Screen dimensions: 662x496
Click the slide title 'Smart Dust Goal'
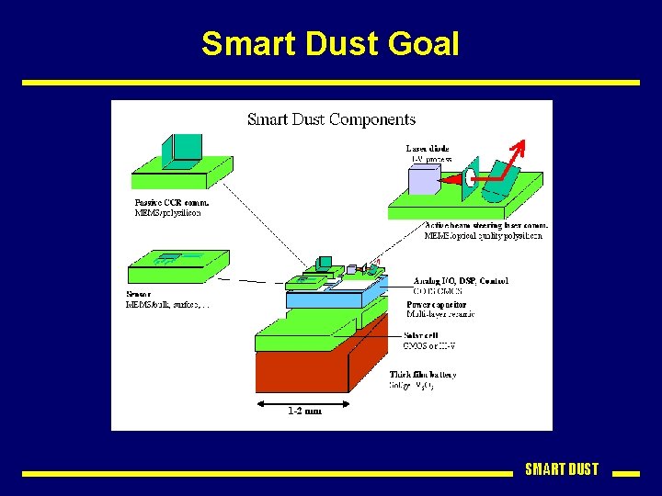(x=330, y=43)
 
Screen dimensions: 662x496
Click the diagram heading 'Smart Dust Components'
(x=331, y=119)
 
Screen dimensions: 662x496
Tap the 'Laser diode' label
(x=428, y=149)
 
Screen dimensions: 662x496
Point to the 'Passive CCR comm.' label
(x=172, y=202)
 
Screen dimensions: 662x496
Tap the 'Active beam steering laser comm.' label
(x=486, y=225)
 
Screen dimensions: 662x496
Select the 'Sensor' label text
(x=139, y=294)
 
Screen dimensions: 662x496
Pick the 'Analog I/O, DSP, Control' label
(x=461, y=280)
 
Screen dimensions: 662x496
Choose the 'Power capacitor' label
(x=436, y=304)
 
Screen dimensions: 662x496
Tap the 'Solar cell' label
(x=422, y=335)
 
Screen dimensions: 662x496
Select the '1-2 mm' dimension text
(x=304, y=411)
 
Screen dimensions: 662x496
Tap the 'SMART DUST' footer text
(x=561, y=469)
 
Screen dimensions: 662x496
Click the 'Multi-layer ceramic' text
(x=440, y=314)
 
